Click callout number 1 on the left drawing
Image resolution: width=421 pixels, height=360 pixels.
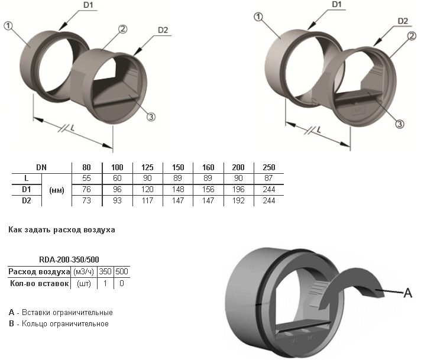click(8, 26)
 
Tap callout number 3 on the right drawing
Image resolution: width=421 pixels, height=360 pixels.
click(400, 124)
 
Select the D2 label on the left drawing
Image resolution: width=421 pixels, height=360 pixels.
click(163, 30)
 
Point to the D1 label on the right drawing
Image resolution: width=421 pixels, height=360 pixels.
click(336, 5)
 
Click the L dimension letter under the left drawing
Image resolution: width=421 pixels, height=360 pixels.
click(72, 129)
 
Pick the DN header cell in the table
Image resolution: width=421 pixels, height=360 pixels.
click(41, 167)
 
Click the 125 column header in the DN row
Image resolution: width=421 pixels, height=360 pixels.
click(147, 167)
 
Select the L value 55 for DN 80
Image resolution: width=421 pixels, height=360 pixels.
click(86, 179)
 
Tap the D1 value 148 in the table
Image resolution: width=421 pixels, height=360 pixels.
click(178, 190)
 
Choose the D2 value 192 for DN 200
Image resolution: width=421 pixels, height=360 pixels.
click(238, 200)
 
